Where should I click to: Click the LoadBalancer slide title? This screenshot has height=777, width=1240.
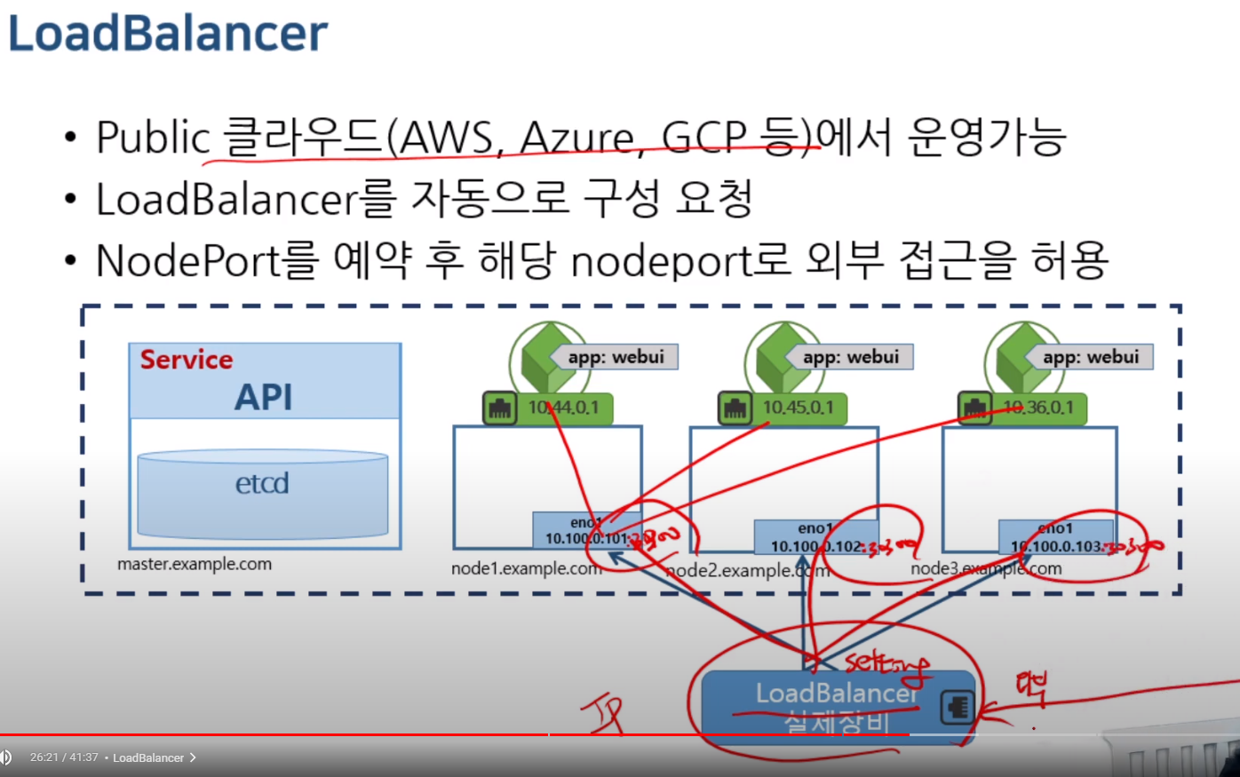[168, 33]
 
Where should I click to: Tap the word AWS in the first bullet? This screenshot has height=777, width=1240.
[447, 138]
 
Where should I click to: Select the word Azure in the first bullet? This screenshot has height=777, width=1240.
[577, 138]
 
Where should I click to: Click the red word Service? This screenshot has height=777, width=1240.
[187, 360]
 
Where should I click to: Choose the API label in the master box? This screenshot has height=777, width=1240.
[263, 397]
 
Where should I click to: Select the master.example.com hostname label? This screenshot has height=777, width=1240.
[195, 564]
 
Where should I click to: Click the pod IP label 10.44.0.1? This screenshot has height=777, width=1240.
[563, 408]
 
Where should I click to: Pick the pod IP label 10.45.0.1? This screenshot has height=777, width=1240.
[798, 408]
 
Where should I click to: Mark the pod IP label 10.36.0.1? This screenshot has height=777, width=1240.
[1037, 408]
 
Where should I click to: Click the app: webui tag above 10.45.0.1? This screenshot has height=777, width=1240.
[851, 357]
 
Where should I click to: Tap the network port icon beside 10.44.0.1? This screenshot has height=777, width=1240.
[500, 408]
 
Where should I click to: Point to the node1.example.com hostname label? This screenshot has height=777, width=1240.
[526, 568]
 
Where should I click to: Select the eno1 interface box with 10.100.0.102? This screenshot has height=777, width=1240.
[815, 537]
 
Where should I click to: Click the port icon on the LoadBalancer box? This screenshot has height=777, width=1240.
[957, 707]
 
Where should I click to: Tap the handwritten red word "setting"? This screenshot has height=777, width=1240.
[885, 663]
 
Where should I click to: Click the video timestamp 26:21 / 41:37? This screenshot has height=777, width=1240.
[63, 757]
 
